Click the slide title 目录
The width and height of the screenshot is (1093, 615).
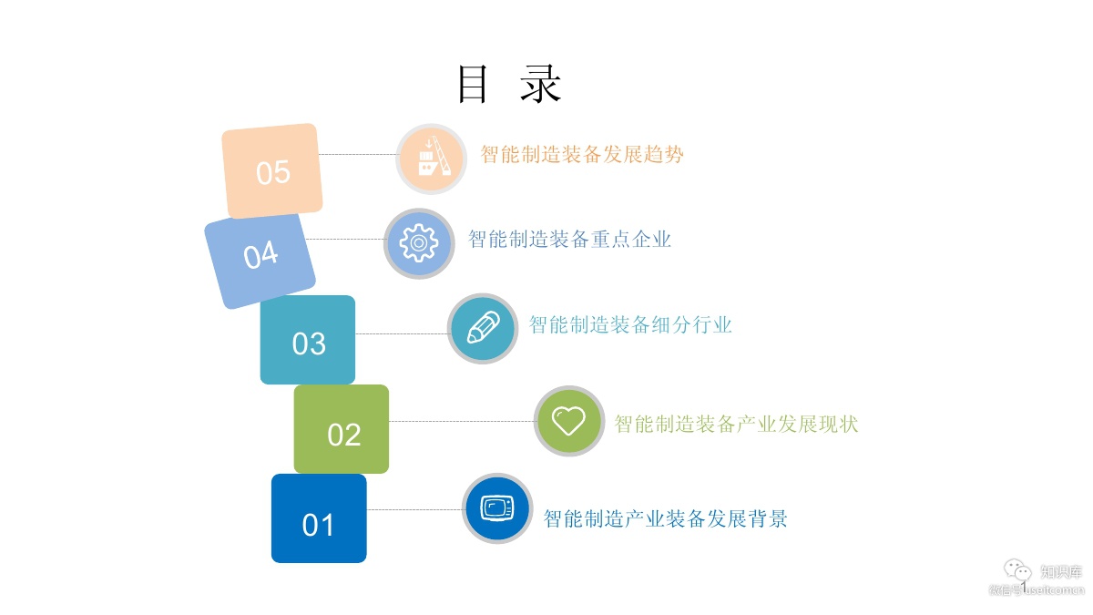pyautogui.click(x=509, y=85)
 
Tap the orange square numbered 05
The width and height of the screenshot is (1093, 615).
pyautogui.click(x=272, y=171)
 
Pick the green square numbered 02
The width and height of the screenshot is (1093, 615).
pyautogui.click(x=342, y=429)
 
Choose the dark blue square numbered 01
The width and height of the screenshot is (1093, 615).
pyautogui.click(x=319, y=518)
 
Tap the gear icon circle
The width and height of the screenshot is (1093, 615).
pyautogui.click(x=419, y=243)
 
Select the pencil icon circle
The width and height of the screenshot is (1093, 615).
pyautogui.click(x=483, y=328)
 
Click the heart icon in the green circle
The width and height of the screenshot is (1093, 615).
pyautogui.click(x=569, y=421)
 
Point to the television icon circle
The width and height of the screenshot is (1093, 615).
pyautogui.click(x=497, y=507)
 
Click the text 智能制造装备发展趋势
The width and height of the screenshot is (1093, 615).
pyautogui.click(x=582, y=155)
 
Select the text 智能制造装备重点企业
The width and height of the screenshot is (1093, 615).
pyautogui.click(x=569, y=240)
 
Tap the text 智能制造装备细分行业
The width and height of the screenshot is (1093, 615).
pyautogui.click(x=630, y=325)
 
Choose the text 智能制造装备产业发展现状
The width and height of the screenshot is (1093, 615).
pyautogui.click(x=736, y=425)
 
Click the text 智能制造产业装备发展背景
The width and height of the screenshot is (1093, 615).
pyautogui.click(x=665, y=519)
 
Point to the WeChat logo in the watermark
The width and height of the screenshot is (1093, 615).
pyautogui.click(x=1017, y=571)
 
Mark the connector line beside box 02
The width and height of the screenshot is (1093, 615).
pyautogui.click(x=461, y=421)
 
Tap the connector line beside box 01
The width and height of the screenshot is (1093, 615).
pyautogui.click(x=414, y=509)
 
